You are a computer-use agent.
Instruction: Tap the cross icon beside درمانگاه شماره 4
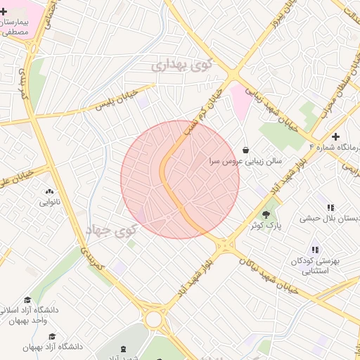pyautogui.click(x=336, y=136)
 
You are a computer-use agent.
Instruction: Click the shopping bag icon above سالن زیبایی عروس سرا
pyautogui.click(x=245, y=150)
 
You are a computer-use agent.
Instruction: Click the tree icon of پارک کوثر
pyautogui.click(x=266, y=214)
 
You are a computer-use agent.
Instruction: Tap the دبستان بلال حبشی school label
pyautogui.click(x=330, y=218)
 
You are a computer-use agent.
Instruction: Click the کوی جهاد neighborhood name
pyautogui.click(x=112, y=229)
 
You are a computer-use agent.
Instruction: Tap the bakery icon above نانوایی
pyautogui.click(x=49, y=191)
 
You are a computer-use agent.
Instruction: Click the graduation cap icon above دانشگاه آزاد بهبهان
pyautogui.click(x=52, y=336)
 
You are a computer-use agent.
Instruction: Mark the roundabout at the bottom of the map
pyautogui.click(x=153, y=320)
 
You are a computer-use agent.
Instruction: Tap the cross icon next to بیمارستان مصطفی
pyautogui.click(x=4, y=12)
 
